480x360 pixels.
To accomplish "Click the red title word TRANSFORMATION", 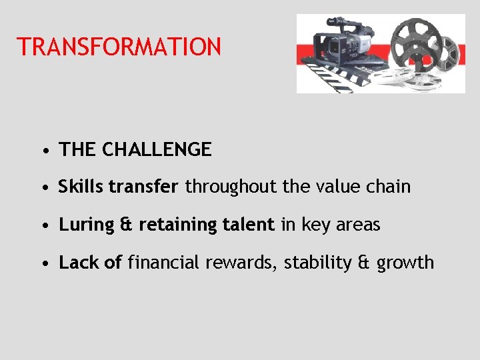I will click(x=119, y=47).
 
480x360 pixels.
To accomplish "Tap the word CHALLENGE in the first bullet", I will click(x=157, y=150).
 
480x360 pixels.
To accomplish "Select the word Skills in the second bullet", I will click(x=81, y=187).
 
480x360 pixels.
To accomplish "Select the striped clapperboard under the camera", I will click(x=340, y=77).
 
